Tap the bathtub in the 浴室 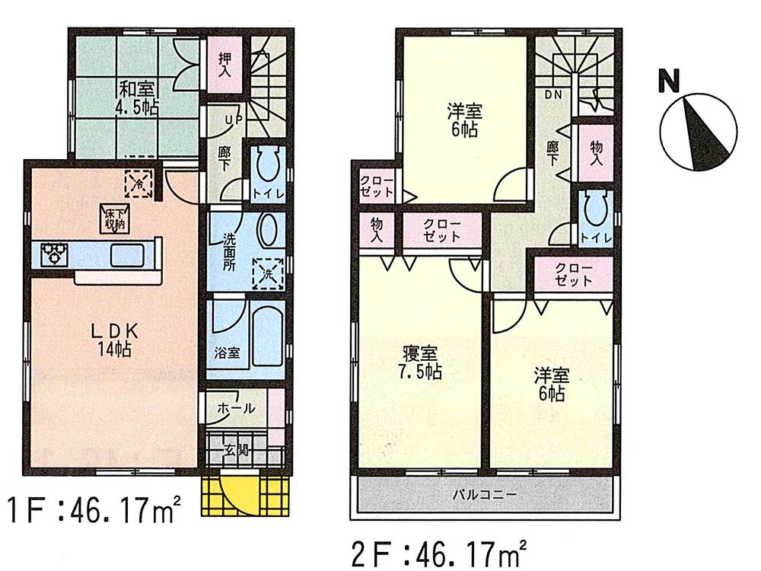point(267,336)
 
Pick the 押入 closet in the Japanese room point(225,65)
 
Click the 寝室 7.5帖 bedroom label point(420,363)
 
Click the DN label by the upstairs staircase point(552,94)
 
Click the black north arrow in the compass point(700,129)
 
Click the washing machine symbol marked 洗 point(267,272)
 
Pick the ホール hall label point(237,408)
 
